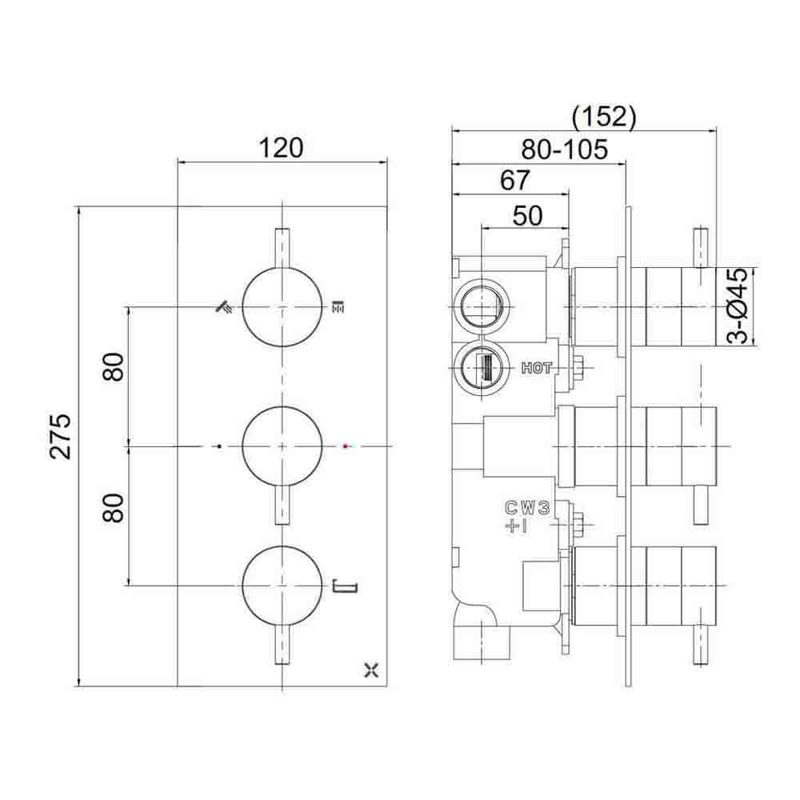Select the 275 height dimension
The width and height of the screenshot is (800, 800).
point(62,436)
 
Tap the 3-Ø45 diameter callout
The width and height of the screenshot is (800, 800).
point(740,306)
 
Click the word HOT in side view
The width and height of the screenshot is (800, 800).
point(536,368)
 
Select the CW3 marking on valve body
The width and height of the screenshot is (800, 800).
point(526,506)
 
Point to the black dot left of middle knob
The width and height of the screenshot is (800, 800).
point(218,444)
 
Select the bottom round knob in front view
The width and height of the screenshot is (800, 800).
point(282,586)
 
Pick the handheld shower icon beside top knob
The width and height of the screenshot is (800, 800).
point(224,306)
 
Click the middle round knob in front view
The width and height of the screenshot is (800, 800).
point(282,445)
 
